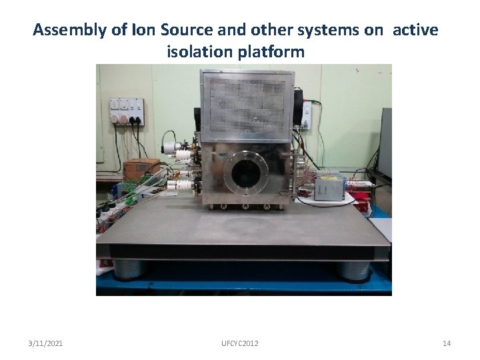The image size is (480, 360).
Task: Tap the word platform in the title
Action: pos(273,51)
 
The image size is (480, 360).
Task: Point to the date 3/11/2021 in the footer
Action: pos(46,343)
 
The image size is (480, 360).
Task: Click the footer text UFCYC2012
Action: pos(240,343)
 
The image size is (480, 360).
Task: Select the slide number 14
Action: pos(447,343)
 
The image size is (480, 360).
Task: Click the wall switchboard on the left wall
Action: pos(127,109)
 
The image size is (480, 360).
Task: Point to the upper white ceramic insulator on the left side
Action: pos(181,154)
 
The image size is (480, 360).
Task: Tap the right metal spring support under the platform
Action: pos(354,269)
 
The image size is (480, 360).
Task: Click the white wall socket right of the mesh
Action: pos(306,115)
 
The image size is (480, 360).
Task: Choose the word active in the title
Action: pos(415,30)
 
